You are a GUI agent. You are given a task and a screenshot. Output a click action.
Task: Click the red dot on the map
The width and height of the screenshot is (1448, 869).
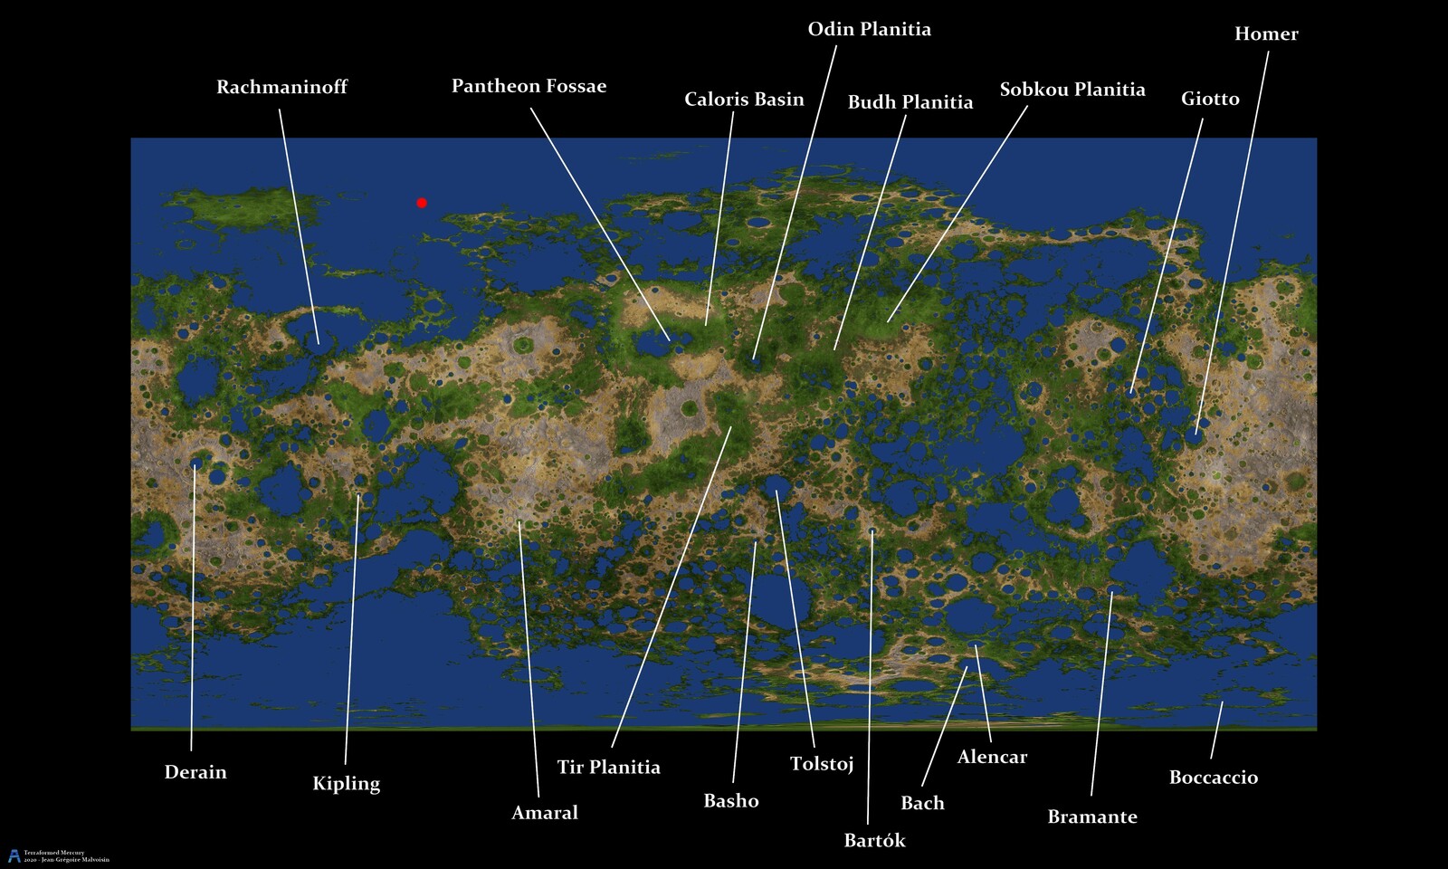422,203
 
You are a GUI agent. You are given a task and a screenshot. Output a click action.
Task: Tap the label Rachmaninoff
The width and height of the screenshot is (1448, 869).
281,87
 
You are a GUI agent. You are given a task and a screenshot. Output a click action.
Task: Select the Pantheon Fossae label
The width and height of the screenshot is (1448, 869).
529,86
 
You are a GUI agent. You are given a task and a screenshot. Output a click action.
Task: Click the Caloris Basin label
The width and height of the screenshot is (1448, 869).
744,99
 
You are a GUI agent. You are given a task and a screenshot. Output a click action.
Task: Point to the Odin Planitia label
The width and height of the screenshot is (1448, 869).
869,29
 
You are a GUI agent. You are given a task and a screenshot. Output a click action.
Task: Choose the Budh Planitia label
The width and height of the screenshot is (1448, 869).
910,102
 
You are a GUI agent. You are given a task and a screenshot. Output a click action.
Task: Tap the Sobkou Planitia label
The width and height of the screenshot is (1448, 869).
1072,90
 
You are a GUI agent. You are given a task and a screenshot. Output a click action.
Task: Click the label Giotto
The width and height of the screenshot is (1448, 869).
1210,99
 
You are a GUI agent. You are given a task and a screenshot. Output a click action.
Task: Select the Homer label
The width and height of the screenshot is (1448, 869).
1266,34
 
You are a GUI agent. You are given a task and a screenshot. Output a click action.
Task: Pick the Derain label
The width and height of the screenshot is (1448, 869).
195,772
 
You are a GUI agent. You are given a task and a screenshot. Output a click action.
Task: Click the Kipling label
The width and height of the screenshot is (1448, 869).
346,784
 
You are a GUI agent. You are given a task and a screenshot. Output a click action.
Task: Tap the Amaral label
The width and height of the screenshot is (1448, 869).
545,813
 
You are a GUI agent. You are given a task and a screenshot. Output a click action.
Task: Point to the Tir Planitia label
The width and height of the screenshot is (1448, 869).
608,768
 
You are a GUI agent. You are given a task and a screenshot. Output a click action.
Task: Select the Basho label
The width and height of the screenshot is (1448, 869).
731,801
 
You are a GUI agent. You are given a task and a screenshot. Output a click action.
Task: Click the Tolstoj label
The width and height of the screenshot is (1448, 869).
822,764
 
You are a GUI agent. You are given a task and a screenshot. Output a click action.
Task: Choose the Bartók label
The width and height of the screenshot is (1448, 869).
874,841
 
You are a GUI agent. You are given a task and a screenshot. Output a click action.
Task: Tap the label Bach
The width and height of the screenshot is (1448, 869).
922,803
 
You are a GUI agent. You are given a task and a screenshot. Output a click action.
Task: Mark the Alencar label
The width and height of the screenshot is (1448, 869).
992,757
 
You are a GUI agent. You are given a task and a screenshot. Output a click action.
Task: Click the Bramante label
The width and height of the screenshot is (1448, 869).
1092,816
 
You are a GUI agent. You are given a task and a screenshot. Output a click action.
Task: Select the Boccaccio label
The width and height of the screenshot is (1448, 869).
1214,778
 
